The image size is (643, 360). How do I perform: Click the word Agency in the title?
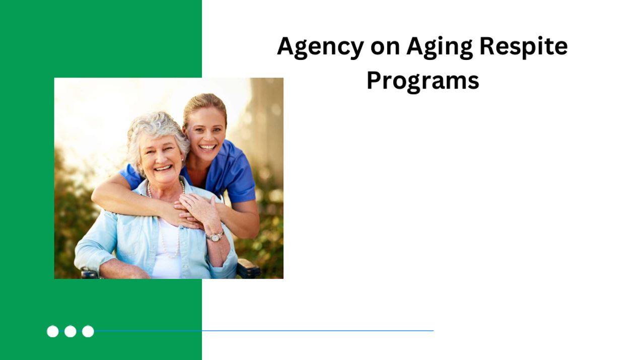(320, 47)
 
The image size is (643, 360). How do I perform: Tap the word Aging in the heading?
(440, 47)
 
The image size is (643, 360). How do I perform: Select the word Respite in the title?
(524, 47)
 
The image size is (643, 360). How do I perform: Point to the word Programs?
(423, 81)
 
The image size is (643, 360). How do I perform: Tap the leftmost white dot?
(53, 331)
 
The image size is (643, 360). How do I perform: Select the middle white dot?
(70, 331)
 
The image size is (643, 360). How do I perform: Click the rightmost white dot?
(88, 331)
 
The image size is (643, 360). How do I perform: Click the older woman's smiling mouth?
(163, 168)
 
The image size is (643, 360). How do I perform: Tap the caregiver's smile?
(207, 148)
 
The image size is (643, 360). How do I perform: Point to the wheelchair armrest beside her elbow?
(248, 268)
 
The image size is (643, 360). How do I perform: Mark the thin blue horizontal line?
(263, 331)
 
